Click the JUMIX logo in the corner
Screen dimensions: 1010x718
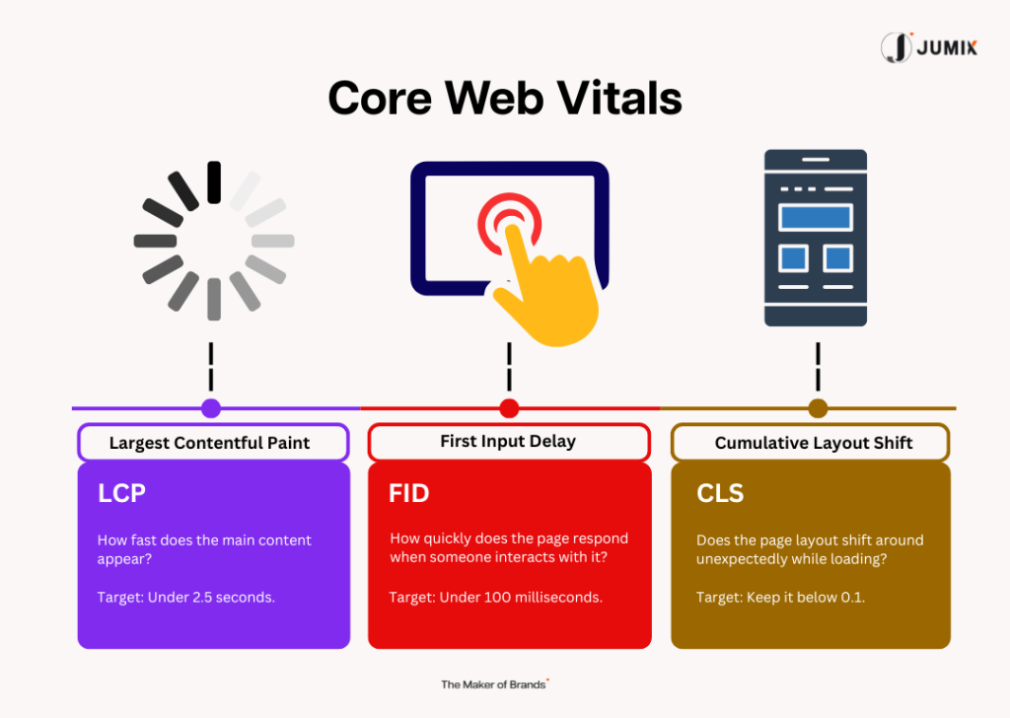coord(929,47)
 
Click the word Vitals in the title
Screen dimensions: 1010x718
coord(619,99)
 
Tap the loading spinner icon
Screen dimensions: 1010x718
coord(214,241)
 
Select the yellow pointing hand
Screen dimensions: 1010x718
coord(547,288)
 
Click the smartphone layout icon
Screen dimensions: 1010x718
coord(816,238)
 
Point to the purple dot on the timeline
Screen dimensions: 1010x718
coord(211,408)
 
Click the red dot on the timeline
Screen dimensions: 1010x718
coord(509,408)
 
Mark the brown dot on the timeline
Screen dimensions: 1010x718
coord(818,408)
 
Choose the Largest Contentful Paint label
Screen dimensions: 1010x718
coord(209,443)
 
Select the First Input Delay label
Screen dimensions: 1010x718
coord(508,441)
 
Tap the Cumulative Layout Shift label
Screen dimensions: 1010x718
coord(814,443)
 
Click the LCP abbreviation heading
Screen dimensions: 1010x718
coord(121,493)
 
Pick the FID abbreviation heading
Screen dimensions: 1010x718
coord(408,493)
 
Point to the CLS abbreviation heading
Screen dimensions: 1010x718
coord(720,493)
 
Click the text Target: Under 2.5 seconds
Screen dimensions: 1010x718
coord(186,597)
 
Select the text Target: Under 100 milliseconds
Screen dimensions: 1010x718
coord(496,597)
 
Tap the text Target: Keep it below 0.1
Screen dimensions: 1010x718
coord(781,597)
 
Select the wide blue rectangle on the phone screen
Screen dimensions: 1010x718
coord(816,217)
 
